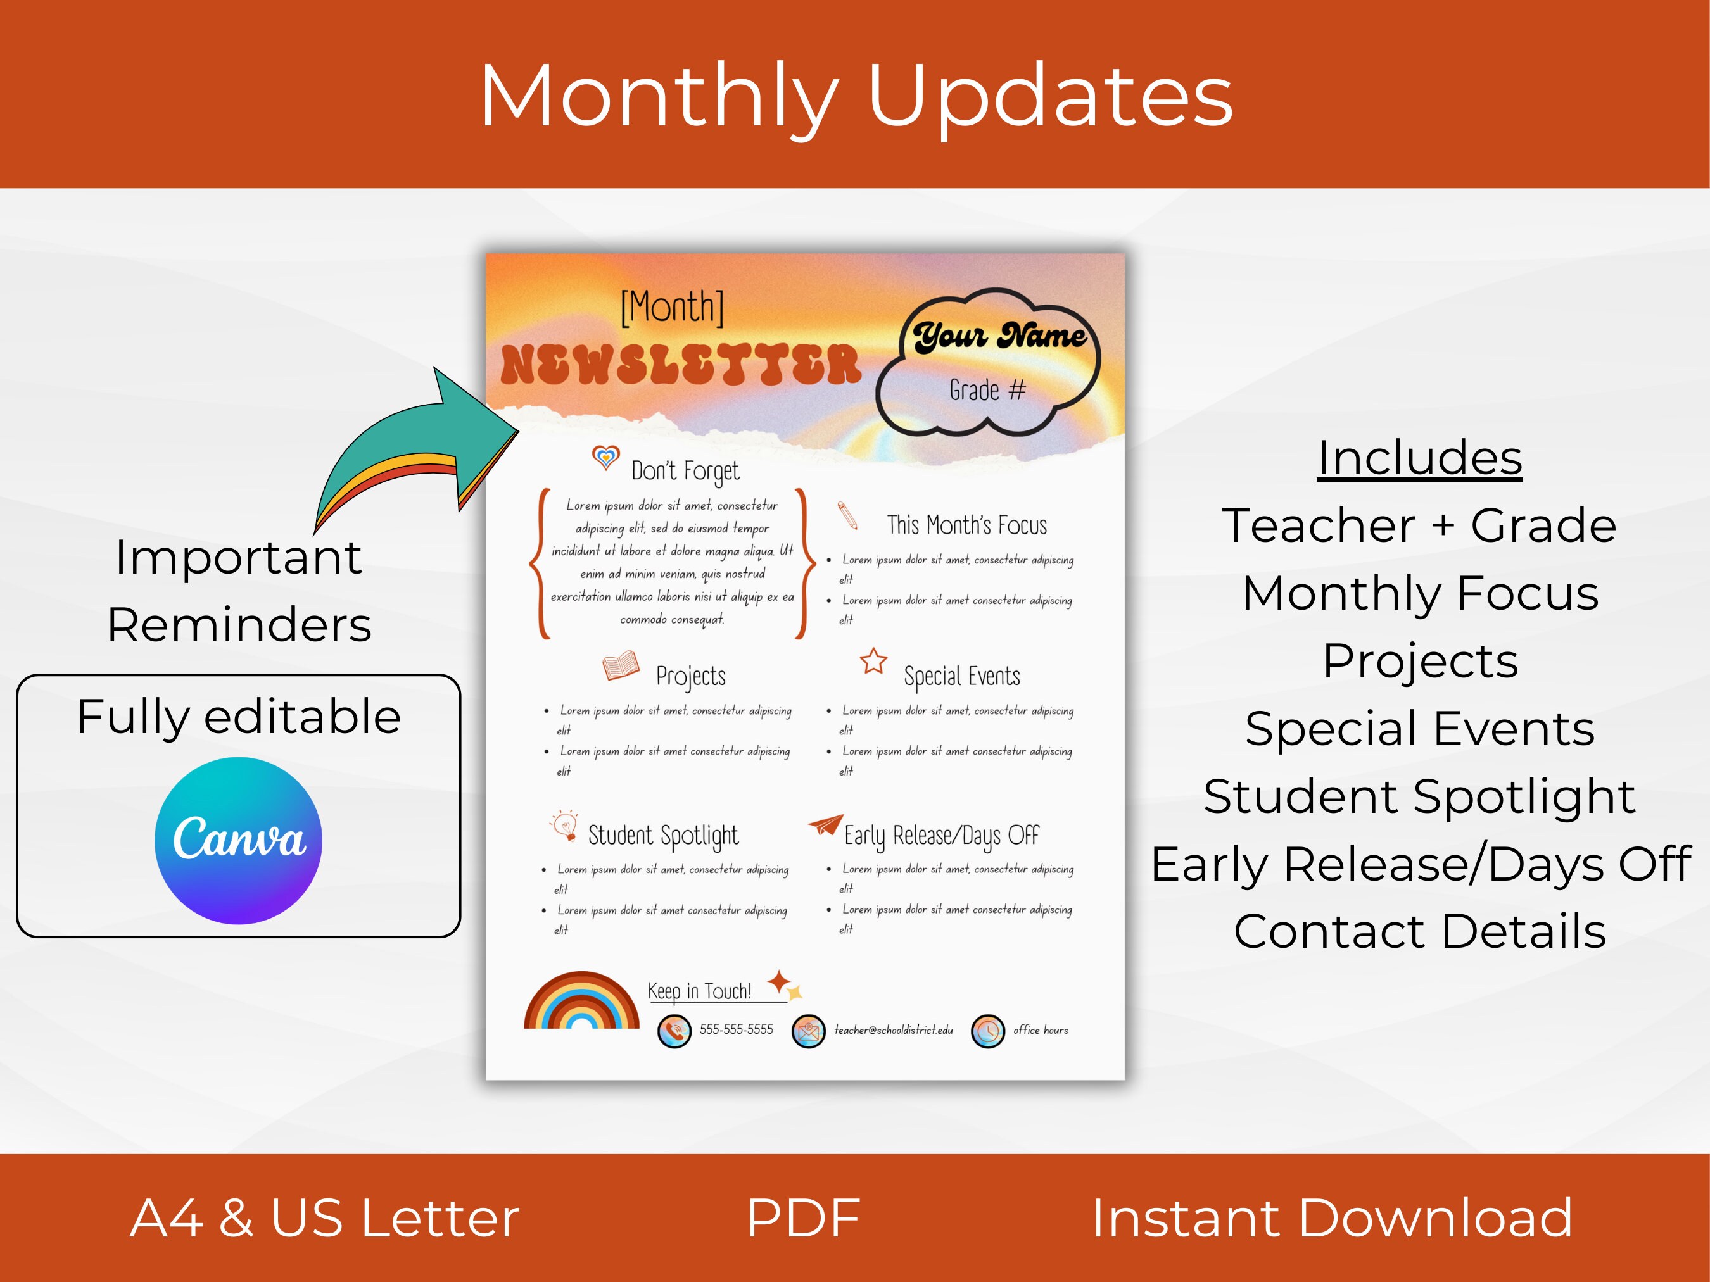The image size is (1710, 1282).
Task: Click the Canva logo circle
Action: pyautogui.click(x=238, y=840)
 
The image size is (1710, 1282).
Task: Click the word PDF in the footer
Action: pyautogui.click(x=803, y=1218)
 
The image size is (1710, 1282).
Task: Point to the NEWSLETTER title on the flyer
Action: pyautogui.click(x=680, y=365)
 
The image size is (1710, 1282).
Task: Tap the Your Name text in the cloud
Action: pyautogui.click(x=999, y=336)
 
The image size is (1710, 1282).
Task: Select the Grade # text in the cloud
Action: pyautogui.click(x=987, y=390)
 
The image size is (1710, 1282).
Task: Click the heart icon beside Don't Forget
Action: pyautogui.click(x=605, y=458)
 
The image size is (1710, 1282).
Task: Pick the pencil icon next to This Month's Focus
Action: pyautogui.click(x=847, y=515)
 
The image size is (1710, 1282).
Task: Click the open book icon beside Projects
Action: pyautogui.click(x=621, y=665)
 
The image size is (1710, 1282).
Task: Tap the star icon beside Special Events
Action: pyautogui.click(x=873, y=662)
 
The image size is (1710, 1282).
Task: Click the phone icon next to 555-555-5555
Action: pyautogui.click(x=674, y=1031)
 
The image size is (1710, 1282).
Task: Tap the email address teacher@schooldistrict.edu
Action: pyautogui.click(x=893, y=1030)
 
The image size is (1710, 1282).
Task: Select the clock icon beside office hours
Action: pyautogui.click(x=987, y=1031)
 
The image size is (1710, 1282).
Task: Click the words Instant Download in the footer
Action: pyautogui.click(x=1331, y=1218)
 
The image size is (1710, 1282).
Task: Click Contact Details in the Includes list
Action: pyautogui.click(x=1419, y=931)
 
